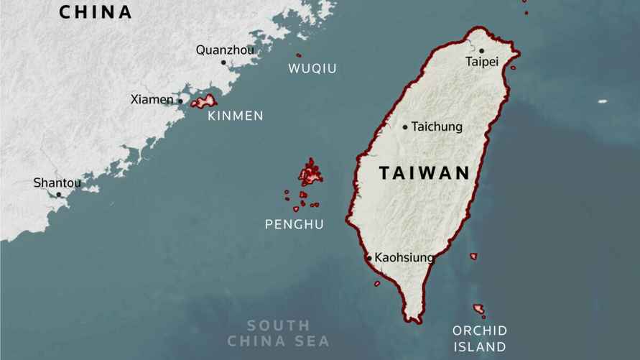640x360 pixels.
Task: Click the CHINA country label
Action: click(x=96, y=12)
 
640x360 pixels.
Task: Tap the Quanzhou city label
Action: click(x=225, y=50)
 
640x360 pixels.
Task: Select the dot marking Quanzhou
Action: click(x=223, y=63)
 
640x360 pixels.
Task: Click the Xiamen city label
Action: click(x=152, y=99)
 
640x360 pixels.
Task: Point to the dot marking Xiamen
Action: click(x=180, y=101)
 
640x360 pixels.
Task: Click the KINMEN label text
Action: click(x=235, y=116)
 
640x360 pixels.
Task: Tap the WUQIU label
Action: click(x=312, y=68)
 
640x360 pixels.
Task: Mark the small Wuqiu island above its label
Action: click(x=299, y=55)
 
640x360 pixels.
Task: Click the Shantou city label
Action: click(x=57, y=183)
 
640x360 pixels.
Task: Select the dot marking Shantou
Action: click(x=59, y=194)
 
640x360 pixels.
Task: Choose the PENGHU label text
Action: click(x=294, y=224)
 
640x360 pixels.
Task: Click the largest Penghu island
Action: click(x=311, y=173)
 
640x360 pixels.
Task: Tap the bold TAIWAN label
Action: click(x=424, y=172)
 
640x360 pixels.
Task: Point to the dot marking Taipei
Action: click(x=481, y=51)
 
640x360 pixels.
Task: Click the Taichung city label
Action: click(x=437, y=126)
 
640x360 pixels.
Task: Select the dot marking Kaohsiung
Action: click(x=369, y=257)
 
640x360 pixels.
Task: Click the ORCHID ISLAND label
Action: click(x=479, y=338)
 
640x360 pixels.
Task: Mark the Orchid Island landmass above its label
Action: click(x=478, y=308)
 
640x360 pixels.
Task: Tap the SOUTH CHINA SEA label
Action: click(x=278, y=333)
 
